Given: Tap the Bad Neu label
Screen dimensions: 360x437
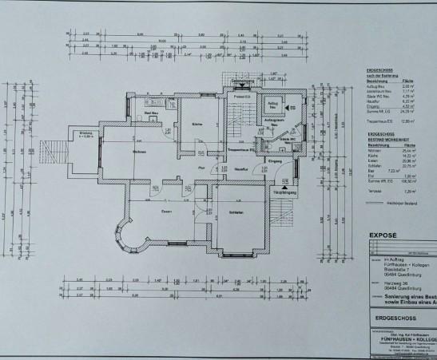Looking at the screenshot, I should [149, 114].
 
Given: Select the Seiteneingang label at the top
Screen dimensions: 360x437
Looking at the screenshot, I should [242, 81].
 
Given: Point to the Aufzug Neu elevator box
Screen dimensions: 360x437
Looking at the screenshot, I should [273, 105].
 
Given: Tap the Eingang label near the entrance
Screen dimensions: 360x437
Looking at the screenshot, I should [276, 161].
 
